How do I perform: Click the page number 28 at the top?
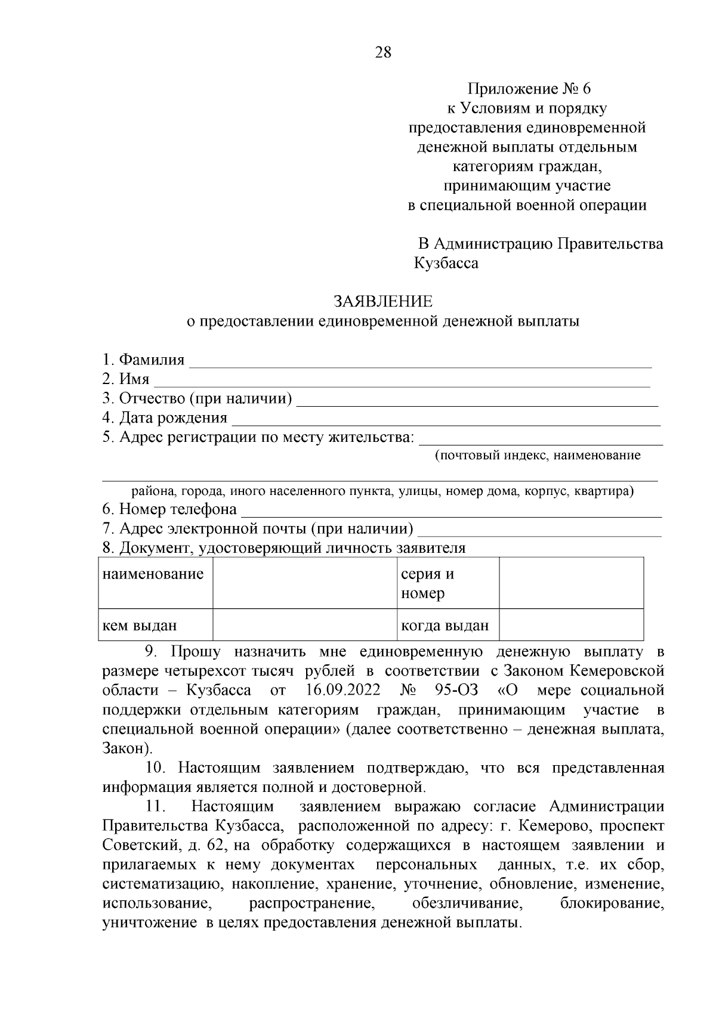pyautogui.click(x=383, y=52)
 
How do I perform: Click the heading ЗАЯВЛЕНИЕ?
pyautogui.click(x=383, y=301)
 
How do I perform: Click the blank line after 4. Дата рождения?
pyautogui.click(x=446, y=419)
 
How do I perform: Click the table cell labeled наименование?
pyautogui.click(x=153, y=575)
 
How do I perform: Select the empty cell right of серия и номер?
pyautogui.click(x=571, y=583)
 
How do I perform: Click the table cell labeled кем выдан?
pyautogui.click(x=140, y=626)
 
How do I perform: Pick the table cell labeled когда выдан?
pyautogui.click(x=445, y=626)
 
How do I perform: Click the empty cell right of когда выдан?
pyautogui.click(x=571, y=626)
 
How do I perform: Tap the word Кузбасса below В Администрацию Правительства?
pyautogui.click(x=446, y=264)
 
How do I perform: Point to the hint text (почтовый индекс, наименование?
pyautogui.click(x=538, y=456)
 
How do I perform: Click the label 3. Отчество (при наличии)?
pyautogui.click(x=197, y=399)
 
